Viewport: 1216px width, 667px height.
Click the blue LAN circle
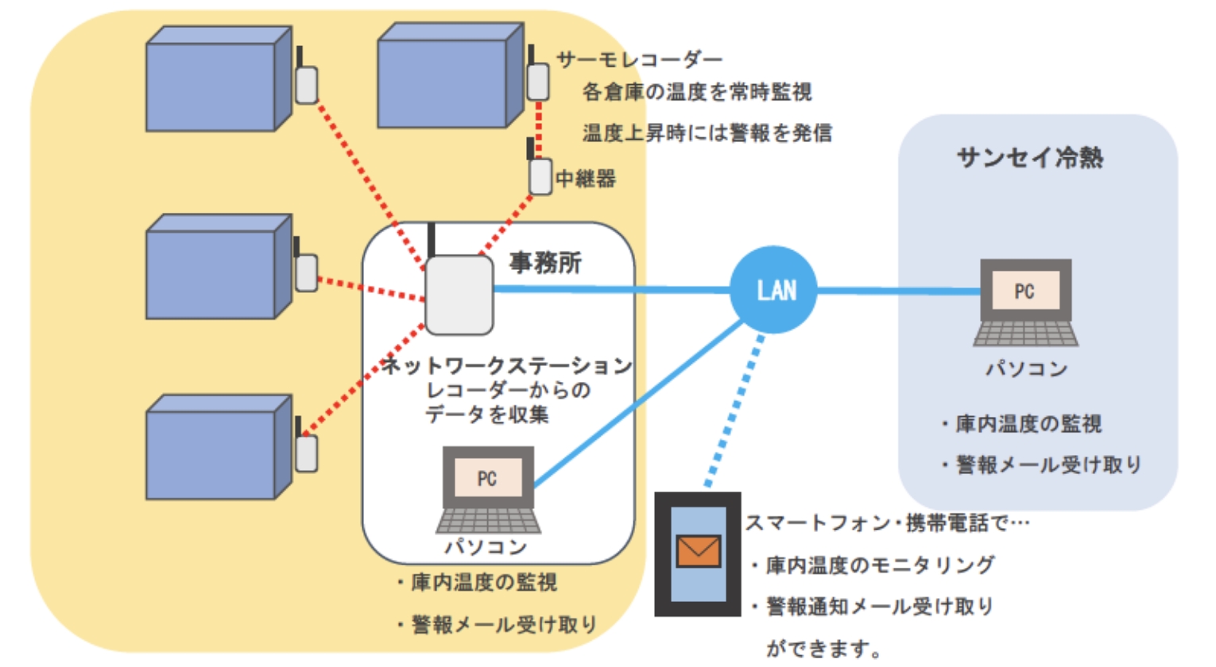tap(773, 290)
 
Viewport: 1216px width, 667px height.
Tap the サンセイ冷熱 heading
tap(1030, 157)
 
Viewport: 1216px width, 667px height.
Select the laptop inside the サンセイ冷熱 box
tap(1025, 303)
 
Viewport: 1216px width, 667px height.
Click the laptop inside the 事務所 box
tap(488, 489)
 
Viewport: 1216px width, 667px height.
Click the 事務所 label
tap(545, 262)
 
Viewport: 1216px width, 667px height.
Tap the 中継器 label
tap(586, 179)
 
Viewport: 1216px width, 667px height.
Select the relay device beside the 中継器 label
tap(540, 175)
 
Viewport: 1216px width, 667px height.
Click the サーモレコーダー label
tap(639, 60)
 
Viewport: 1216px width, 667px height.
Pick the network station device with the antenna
tap(459, 294)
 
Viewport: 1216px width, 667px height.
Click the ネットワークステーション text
tap(506, 365)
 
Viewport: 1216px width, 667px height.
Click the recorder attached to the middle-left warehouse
tap(306, 272)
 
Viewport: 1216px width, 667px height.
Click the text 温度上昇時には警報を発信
tap(707, 133)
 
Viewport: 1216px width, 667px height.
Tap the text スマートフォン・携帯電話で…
tap(887, 523)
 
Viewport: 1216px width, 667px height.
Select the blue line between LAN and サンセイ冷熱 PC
tap(898, 291)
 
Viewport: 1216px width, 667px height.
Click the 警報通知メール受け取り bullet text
tap(878, 607)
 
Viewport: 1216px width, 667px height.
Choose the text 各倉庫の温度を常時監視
tap(697, 92)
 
